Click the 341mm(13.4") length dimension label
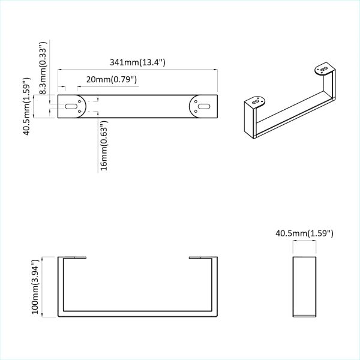(x=137, y=62)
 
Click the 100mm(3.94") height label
(x=36, y=286)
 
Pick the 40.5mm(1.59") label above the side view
(x=304, y=233)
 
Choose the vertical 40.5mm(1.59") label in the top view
(x=27, y=106)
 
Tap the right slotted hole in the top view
(x=203, y=106)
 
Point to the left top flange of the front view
(x=73, y=258)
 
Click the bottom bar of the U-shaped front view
(x=137, y=315)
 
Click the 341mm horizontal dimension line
(x=137, y=70)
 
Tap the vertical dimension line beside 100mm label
(x=44, y=287)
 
